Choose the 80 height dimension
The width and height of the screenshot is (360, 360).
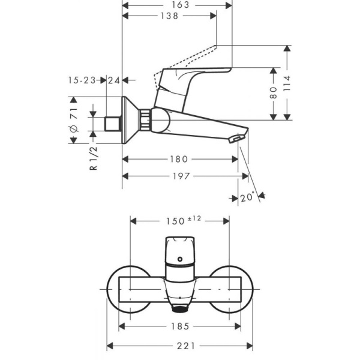274,92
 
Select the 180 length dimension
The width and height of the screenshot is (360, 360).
179,159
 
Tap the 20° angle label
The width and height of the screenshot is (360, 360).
247,197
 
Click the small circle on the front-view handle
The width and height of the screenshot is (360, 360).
179,260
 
